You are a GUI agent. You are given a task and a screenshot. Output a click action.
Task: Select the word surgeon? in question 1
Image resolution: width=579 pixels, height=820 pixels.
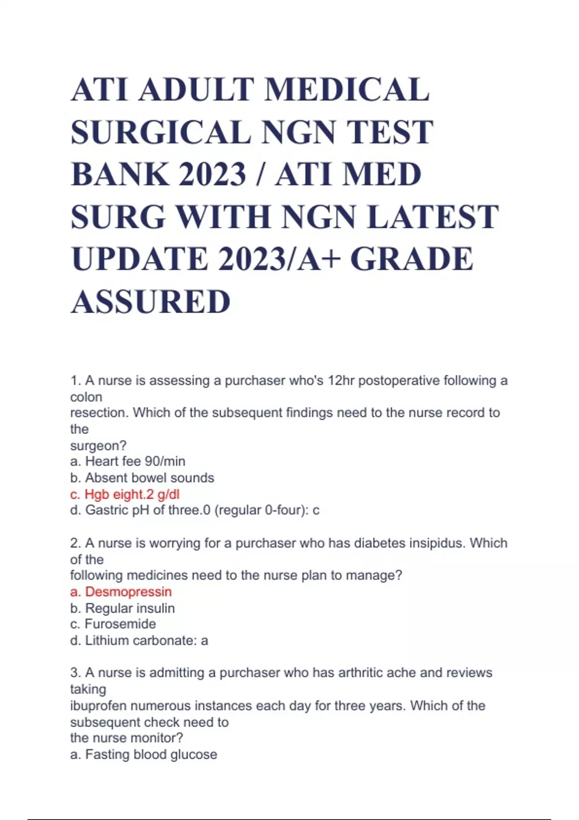98,445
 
